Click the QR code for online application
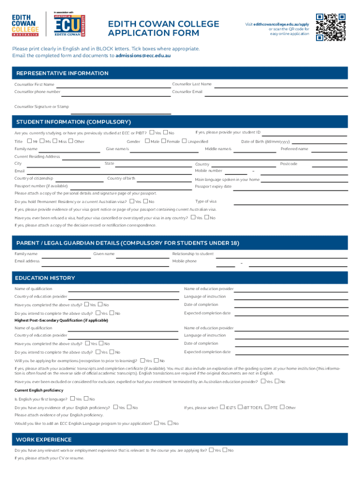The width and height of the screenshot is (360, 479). (x=331, y=27)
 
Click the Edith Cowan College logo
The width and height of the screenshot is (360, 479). (x=26, y=25)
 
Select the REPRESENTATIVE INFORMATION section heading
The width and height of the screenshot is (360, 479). (x=63, y=73)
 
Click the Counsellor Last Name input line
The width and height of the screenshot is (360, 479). (x=281, y=87)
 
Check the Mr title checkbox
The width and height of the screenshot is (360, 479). (x=29, y=141)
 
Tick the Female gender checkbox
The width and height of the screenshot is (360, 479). (x=163, y=141)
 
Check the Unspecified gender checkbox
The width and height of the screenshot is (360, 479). (x=184, y=141)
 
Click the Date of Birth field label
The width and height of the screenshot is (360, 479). (x=265, y=142)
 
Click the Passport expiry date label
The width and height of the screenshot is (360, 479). (x=213, y=187)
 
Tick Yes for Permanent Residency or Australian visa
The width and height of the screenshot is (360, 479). (x=132, y=201)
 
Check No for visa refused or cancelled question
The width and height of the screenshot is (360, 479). (x=207, y=218)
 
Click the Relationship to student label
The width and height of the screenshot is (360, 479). (x=193, y=254)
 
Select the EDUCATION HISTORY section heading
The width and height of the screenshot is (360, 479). (x=45, y=278)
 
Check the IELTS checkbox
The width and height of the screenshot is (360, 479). (x=222, y=407)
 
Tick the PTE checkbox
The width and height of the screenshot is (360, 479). (x=267, y=407)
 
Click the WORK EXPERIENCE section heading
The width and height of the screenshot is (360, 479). (x=43, y=440)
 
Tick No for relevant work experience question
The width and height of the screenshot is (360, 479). (x=225, y=450)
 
